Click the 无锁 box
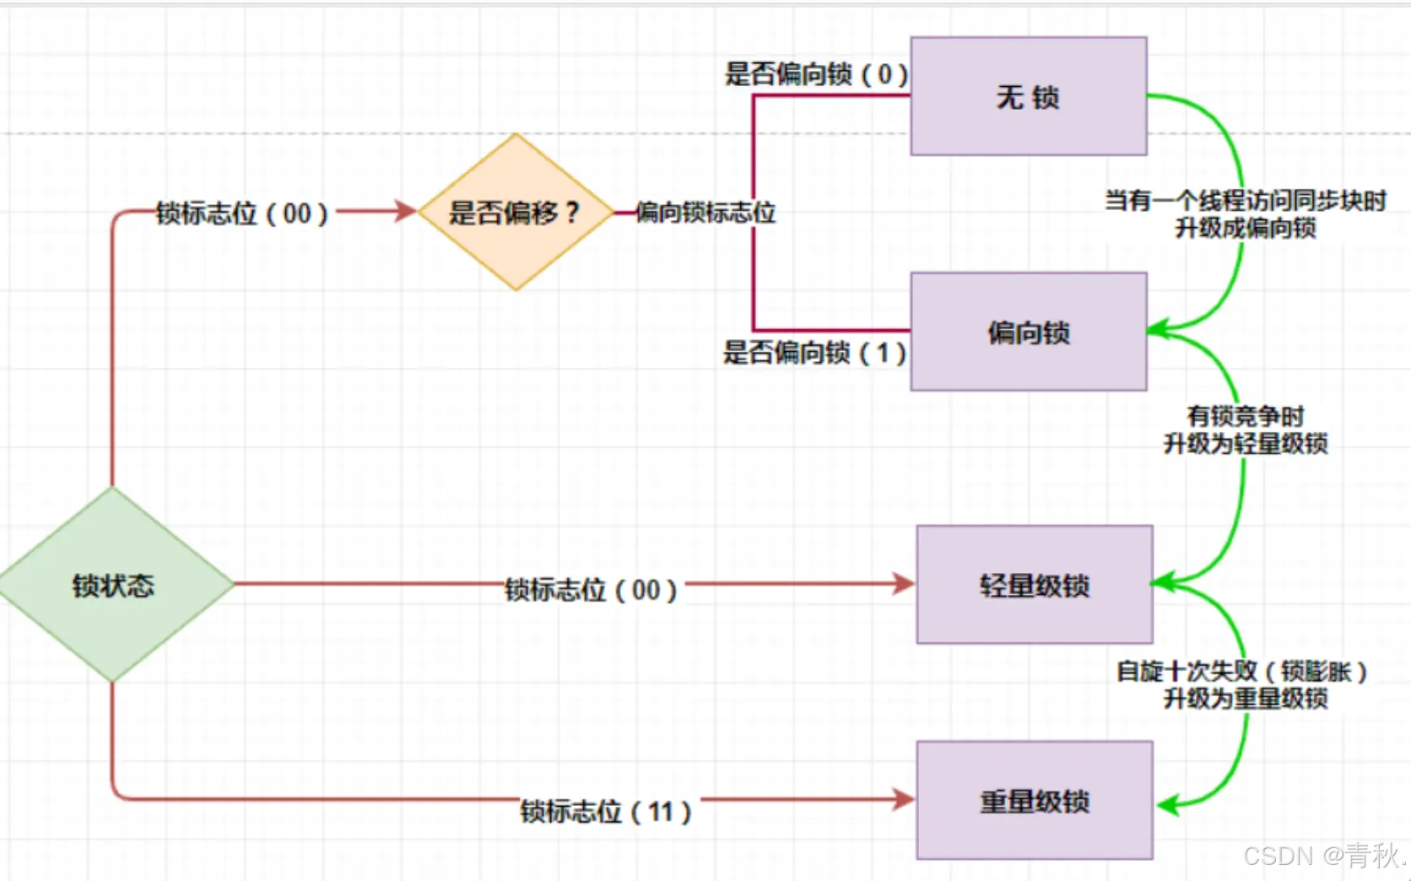coord(1028,96)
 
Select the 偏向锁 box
coord(1028,332)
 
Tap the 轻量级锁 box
coord(1034,585)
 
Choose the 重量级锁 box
coord(1034,800)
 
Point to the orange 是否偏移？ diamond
coord(514,212)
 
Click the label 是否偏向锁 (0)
coord(815,74)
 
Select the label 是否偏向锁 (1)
coord(814,352)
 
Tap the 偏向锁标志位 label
coord(705,212)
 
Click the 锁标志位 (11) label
coord(605,811)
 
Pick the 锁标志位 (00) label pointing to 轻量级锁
coord(590,589)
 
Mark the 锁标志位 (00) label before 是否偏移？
coord(241,213)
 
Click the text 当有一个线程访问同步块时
coord(1245,201)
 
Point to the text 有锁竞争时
coord(1245,415)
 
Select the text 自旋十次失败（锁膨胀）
coord(1241,671)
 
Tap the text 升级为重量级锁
coord(1245,698)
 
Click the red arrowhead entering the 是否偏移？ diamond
coord(407,211)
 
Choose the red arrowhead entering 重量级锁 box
coord(904,799)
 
